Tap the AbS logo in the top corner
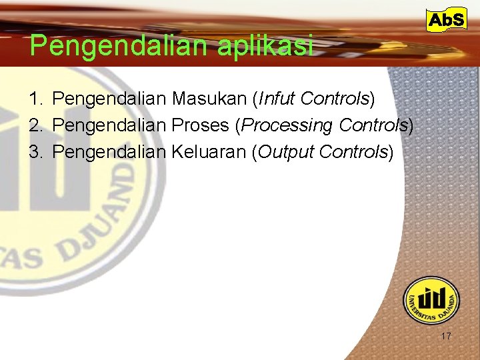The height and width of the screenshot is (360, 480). tap(446, 21)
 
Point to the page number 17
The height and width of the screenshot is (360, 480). tap(445, 336)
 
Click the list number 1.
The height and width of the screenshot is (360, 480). tap(34, 99)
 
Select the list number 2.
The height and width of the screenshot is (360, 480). tap(34, 125)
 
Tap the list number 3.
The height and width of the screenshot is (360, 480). tap(34, 152)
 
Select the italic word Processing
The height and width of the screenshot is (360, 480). tap(287, 125)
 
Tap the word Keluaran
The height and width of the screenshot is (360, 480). tap(209, 152)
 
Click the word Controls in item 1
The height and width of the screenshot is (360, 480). tap(335, 99)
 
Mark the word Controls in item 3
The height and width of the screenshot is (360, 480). tap(353, 152)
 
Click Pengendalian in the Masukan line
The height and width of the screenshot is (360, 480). tap(109, 99)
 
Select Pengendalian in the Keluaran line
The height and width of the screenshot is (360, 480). tap(109, 152)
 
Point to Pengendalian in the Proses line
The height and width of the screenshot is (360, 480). tap(109, 125)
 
